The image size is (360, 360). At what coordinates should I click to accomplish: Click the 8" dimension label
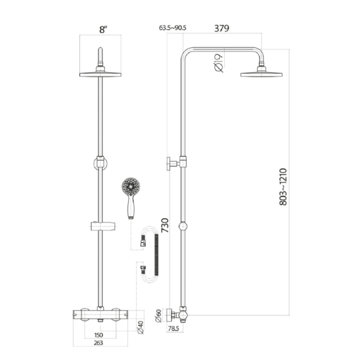click(x=104, y=30)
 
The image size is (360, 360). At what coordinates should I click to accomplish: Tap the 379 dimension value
click(x=222, y=28)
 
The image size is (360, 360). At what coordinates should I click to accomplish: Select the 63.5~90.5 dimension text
click(x=173, y=28)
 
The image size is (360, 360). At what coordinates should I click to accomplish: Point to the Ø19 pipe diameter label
click(x=219, y=62)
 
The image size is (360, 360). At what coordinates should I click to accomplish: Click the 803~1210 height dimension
click(x=283, y=187)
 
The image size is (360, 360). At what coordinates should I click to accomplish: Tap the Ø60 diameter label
click(x=158, y=316)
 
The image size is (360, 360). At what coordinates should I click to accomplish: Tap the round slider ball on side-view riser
click(x=183, y=226)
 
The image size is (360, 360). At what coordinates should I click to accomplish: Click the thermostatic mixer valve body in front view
click(x=101, y=314)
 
